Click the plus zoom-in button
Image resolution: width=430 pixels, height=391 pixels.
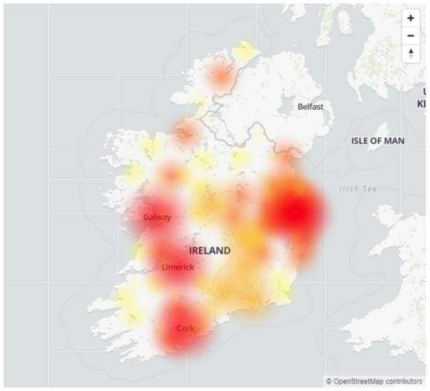pyautogui.click(x=411, y=19)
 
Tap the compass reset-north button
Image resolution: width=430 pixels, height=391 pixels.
pyautogui.click(x=411, y=54)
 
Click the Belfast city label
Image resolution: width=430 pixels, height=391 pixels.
pyautogui.click(x=311, y=106)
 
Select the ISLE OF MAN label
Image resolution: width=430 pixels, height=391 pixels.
pyautogui.click(x=378, y=141)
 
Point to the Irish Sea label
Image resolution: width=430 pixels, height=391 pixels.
pyautogui.click(x=358, y=189)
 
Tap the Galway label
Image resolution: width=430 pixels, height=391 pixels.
pyautogui.click(x=157, y=217)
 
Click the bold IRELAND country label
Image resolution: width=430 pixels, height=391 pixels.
pyautogui.click(x=210, y=251)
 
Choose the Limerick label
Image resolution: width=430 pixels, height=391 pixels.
pyautogui.click(x=178, y=267)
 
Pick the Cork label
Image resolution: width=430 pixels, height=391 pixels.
pyautogui.click(x=185, y=328)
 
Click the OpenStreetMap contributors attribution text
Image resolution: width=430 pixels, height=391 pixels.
pyautogui.click(x=378, y=381)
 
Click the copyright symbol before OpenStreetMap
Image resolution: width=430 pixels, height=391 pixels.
pyautogui.click(x=328, y=381)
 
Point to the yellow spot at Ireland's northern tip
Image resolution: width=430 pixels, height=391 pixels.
pyautogui.click(x=244, y=50)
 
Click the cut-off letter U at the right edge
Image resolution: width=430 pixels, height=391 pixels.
pyautogui.click(x=423, y=91)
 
